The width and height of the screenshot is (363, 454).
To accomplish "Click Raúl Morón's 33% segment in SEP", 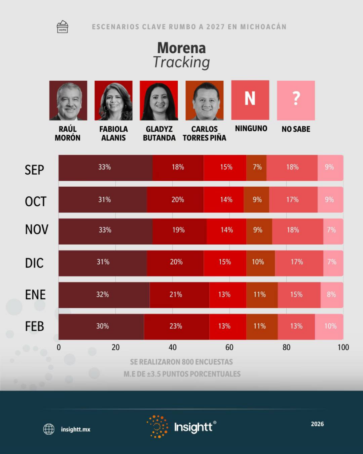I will click(x=105, y=168).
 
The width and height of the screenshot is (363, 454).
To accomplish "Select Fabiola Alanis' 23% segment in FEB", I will click(x=176, y=326).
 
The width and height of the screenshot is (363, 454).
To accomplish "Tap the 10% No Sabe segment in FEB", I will click(x=329, y=326).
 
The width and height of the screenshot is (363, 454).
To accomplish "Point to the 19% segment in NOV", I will click(x=179, y=231).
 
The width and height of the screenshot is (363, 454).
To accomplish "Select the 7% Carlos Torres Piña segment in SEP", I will click(x=256, y=168).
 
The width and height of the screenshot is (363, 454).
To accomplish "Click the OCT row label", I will click(x=35, y=201).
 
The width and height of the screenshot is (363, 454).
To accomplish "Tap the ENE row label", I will click(x=35, y=294).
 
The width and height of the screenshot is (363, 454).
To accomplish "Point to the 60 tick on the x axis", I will click(x=229, y=348).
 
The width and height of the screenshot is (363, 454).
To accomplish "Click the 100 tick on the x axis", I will click(x=343, y=348).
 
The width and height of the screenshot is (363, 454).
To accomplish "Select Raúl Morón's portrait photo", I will click(x=68, y=101).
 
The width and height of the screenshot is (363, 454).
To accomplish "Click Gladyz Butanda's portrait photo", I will click(x=159, y=101).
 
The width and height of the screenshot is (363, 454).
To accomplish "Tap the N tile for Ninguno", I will click(x=250, y=100).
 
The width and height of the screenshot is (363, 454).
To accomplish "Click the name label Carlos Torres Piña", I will click(x=205, y=133).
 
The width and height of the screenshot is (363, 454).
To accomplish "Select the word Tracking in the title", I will click(x=181, y=62).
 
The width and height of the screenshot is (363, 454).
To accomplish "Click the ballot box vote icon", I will click(x=62, y=27).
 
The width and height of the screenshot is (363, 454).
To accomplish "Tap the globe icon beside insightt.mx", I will click(x=49, y=429).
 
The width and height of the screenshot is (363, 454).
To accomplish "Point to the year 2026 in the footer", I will click(x=317, y=424).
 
